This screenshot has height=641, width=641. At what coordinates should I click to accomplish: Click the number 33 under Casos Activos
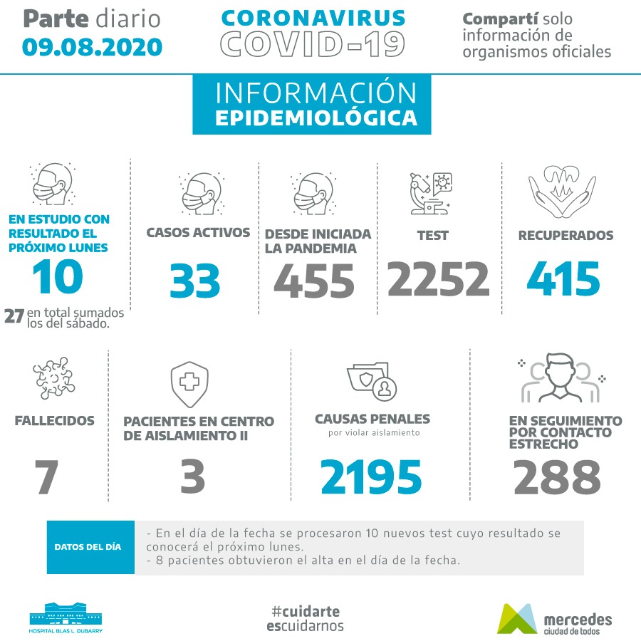194,281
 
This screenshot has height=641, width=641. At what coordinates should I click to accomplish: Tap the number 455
313,281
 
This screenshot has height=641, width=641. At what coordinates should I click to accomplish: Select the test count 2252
439,278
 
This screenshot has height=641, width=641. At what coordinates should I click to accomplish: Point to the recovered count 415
563,278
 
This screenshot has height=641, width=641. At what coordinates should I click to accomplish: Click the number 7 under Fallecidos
46,477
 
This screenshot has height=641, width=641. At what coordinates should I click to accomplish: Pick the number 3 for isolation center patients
192,477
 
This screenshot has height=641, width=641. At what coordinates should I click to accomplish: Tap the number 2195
371,477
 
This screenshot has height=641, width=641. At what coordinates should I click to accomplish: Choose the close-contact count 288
557,477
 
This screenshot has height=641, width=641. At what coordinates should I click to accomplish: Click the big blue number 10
58,277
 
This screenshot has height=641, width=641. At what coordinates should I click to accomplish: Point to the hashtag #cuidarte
306,611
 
